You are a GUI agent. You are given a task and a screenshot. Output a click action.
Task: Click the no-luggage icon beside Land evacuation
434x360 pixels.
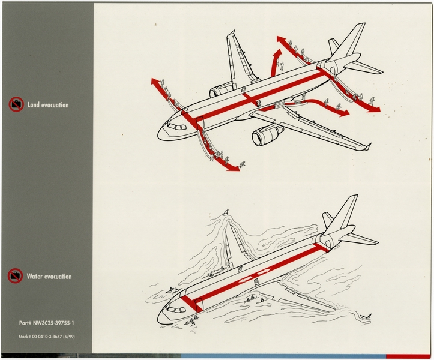16,105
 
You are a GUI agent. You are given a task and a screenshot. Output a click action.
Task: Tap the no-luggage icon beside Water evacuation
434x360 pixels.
16,277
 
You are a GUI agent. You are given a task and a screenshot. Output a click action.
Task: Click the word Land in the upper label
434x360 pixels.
34,105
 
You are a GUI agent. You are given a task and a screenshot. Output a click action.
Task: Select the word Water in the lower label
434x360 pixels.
35,277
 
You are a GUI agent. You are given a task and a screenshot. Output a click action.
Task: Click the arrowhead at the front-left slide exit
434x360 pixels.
155,82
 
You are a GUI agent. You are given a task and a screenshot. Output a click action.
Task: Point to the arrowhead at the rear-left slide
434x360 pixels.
281,40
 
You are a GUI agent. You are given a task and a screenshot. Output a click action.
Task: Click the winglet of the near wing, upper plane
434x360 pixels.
367,146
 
